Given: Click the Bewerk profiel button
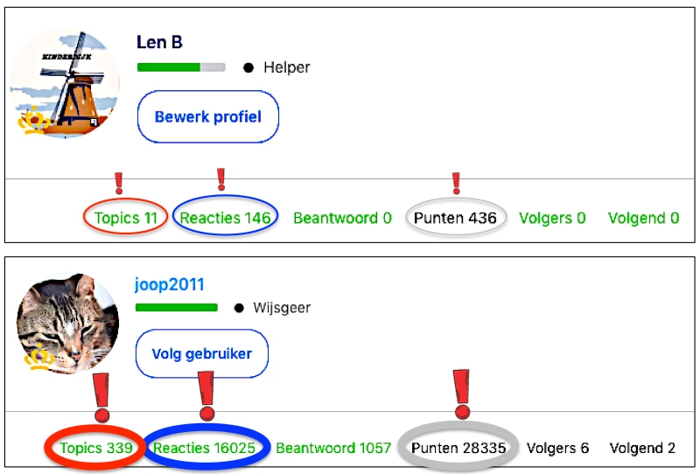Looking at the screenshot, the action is point(208,116).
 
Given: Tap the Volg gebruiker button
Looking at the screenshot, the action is point(202,353).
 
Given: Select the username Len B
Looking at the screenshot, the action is point(159,42).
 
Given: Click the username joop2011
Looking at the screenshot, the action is point(169,284).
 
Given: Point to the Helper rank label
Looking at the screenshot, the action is point(287,67).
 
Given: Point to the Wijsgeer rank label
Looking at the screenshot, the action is point(282,308).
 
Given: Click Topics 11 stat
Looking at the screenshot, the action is point(125,218).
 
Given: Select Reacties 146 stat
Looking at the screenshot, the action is point(225,218).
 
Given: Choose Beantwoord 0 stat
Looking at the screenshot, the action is point(342,218).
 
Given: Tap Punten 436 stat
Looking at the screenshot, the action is point(455,218).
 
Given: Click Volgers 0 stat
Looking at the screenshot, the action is point(552,218).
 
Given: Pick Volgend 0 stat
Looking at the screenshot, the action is point(644,218).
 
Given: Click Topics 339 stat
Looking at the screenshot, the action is point(96,448).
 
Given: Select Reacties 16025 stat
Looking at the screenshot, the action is point(204,448).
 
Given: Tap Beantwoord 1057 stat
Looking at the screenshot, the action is point(333,448).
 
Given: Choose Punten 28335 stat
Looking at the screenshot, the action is point(458,448).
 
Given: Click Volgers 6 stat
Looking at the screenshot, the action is point(557,448).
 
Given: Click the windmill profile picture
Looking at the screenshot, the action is point(65,83).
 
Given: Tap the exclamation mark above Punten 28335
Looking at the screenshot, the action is point(462,394).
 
